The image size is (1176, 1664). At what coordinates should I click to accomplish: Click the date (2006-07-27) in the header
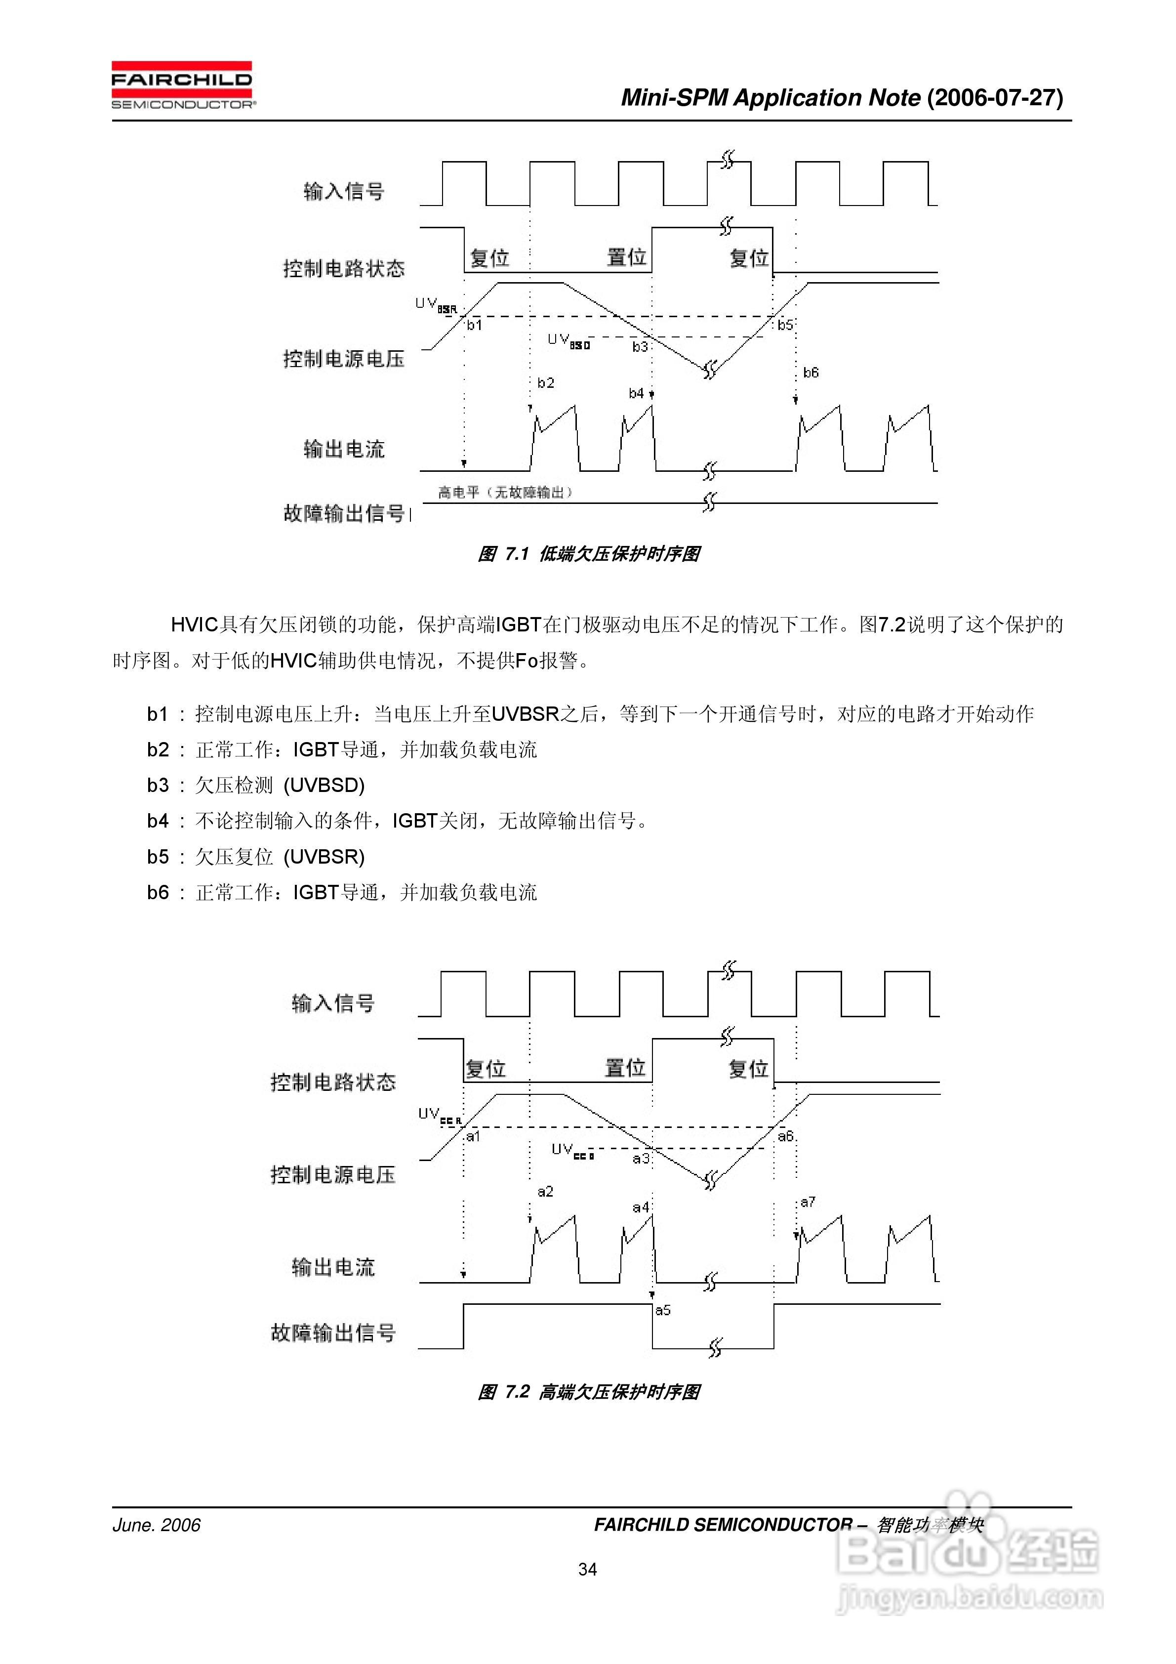click(995, 98)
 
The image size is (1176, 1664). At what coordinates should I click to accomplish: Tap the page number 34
click(588, 1569)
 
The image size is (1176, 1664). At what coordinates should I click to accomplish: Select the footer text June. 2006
click(157, 1525)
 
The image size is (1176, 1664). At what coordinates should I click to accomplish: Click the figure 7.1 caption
click(588, 554)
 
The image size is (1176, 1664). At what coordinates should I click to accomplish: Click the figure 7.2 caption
click(588, 1391)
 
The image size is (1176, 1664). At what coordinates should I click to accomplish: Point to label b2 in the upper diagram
click(546, 383)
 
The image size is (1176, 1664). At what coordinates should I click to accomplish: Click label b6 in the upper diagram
click(811, 373)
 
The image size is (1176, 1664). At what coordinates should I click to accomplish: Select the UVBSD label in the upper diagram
click(569, 340)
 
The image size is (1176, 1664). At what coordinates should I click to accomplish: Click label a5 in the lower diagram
click(663, 1310)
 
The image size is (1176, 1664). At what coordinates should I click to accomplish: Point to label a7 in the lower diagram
click(808, 1202)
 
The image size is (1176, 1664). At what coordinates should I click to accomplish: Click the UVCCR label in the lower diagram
click(439, 1116)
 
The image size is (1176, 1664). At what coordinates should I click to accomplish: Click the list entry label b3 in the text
click(158, 785)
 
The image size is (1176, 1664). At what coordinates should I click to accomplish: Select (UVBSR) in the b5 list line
click(324, 857)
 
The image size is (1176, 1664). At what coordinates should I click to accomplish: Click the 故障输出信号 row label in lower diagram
click(333, 1332)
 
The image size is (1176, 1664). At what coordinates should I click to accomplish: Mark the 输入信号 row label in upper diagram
click(343, 191)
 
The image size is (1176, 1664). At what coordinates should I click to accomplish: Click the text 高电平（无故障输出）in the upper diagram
click(505, 493)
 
